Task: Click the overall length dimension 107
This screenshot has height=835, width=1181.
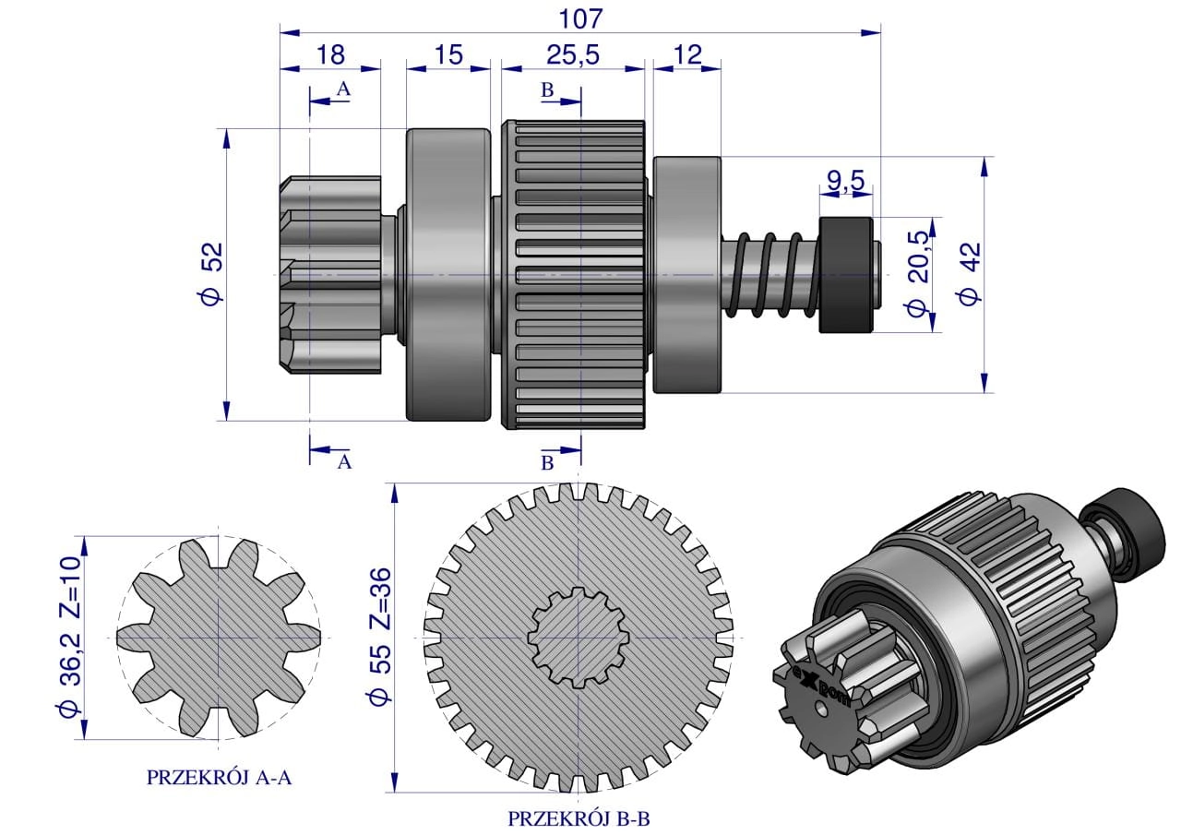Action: [580, 19]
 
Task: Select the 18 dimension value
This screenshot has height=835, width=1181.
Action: [330, 54]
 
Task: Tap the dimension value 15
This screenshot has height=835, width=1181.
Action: [448, 54]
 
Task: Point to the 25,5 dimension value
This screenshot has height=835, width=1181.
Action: [573, 54]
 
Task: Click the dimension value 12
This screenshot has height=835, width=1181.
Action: [687, 54]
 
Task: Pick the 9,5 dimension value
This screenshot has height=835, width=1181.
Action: [846, 181]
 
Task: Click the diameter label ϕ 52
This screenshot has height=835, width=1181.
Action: [212, 274]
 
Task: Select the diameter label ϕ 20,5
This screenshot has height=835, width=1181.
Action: [918, 274]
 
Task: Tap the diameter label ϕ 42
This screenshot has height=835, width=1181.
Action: [969, 274]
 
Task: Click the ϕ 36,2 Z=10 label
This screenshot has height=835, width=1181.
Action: [70, 638]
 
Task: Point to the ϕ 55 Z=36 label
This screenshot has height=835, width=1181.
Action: [379, 637]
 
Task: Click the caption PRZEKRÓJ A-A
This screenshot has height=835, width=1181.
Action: [219, 778]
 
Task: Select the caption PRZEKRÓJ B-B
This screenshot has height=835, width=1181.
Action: [579, 818]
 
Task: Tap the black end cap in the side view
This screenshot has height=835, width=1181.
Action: [846, 275]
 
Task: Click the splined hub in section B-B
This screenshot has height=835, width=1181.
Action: [579, 638]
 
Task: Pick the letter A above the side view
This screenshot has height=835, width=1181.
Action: [343, 89]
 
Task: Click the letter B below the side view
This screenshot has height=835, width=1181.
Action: [547, 463]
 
